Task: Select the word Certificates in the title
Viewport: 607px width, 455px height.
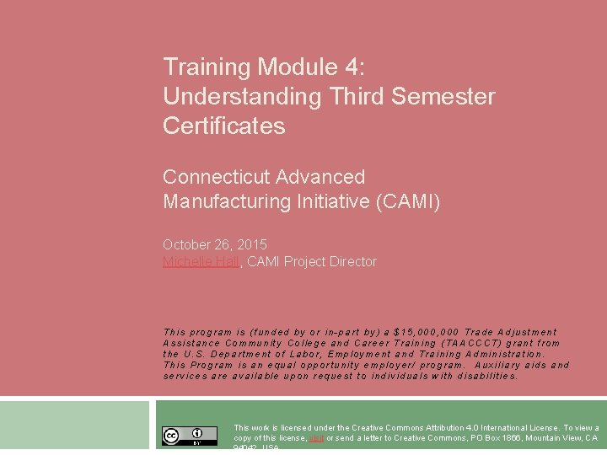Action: click(x=224, y=126)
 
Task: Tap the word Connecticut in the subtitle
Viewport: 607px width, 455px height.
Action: click(x=210, y=177)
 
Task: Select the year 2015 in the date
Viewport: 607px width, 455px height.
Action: click(x=252, y=244)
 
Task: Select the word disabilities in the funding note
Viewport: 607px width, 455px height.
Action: click(x=487, y=376)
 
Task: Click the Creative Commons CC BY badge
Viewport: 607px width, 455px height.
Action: click(x=190, y=436)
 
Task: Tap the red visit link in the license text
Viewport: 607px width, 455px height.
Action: click(x=316, y=438)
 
